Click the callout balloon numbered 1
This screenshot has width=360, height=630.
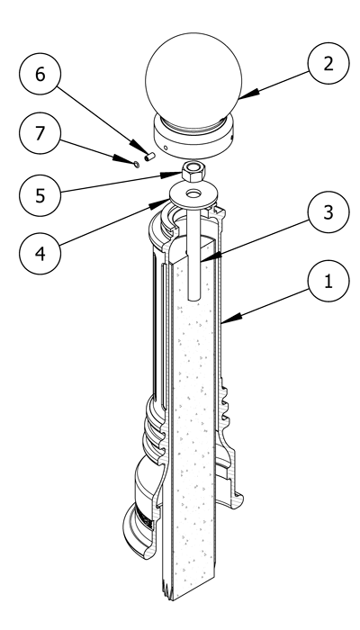tap(328, 281)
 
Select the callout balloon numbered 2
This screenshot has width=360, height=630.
tap(328, 63)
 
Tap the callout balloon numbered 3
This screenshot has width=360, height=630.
tap(328, 211)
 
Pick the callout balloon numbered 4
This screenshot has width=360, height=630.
tap(40, 254)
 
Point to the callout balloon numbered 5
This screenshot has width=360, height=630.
tap(40, 195)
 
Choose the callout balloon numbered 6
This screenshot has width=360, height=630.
tap(40, 74)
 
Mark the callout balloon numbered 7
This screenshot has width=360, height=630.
tap(40, 133)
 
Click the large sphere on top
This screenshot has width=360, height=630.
tap(193, 80)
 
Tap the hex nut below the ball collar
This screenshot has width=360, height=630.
tap(193, 171)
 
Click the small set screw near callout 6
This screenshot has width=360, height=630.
tap(150, 157)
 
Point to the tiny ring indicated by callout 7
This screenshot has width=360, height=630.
tap(136, 165)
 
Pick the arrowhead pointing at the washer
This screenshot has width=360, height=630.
tap(159, 204)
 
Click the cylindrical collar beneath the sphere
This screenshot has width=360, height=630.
tap(193, 137)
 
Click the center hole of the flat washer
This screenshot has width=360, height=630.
tap(194, 193)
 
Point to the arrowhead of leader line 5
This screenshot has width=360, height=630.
tap(172, 175)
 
